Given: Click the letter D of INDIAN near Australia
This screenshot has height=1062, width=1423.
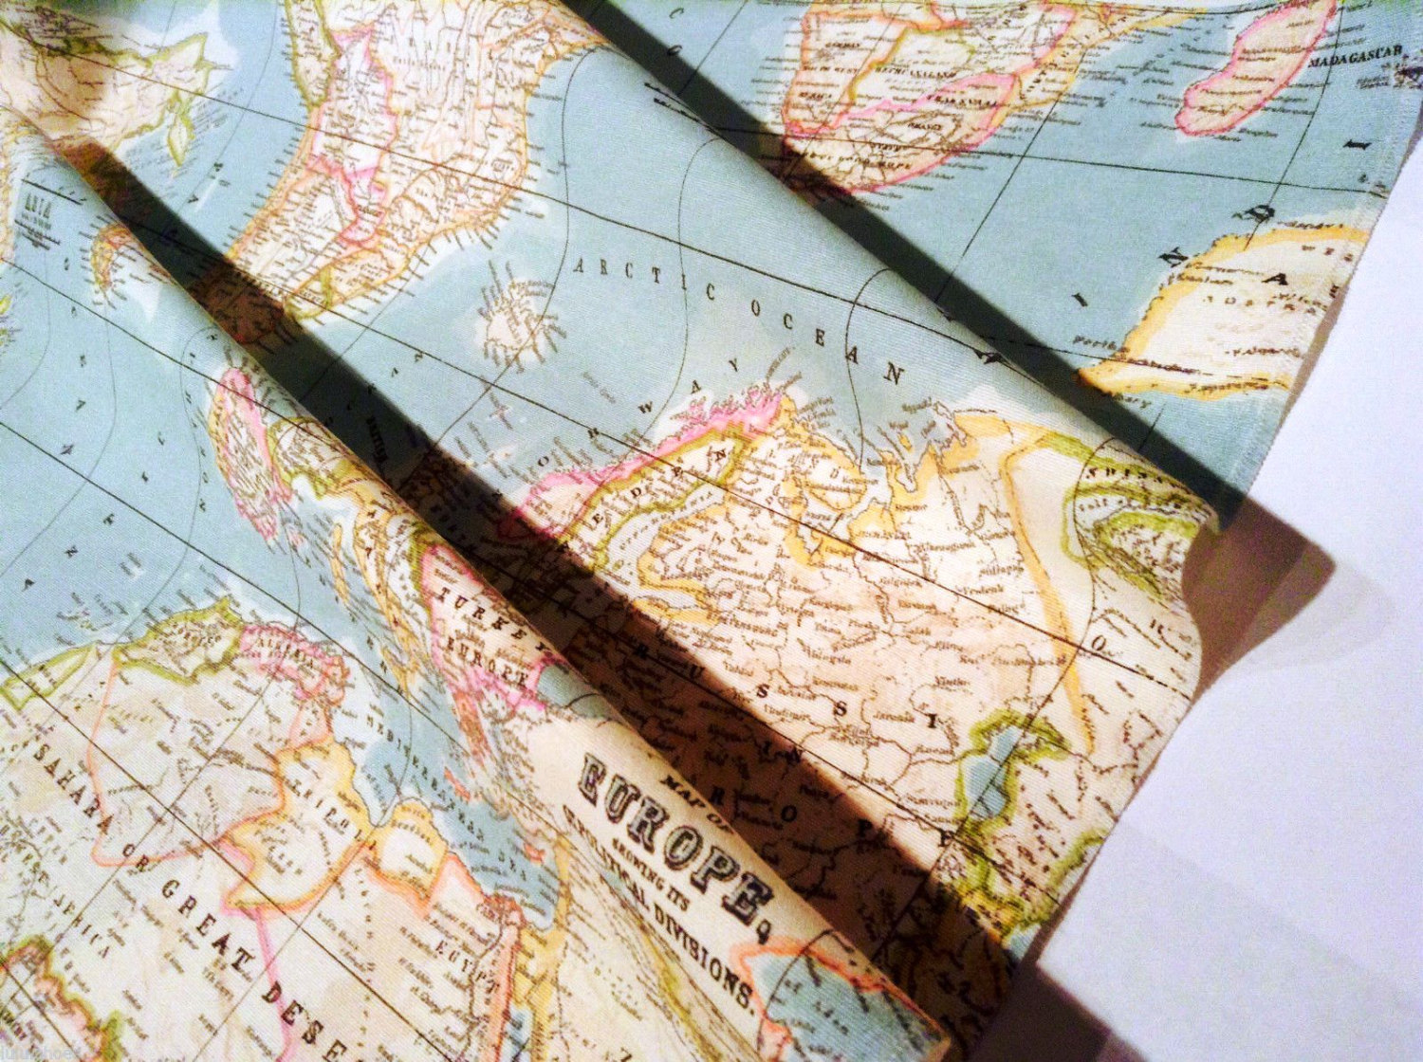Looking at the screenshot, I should pos(1259,214).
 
